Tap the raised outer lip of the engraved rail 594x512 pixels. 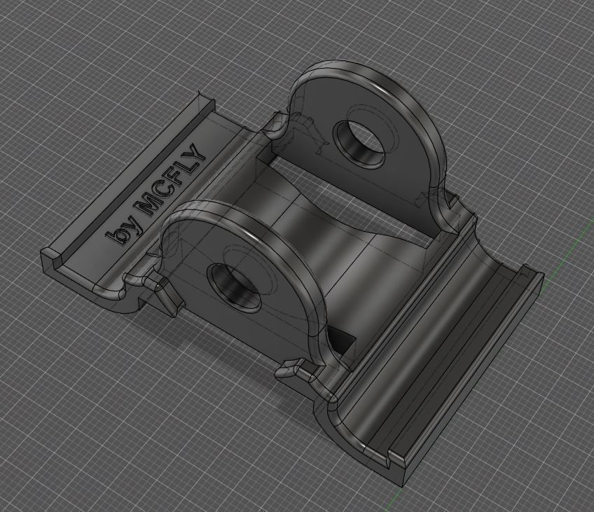[x=126, y=175]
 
